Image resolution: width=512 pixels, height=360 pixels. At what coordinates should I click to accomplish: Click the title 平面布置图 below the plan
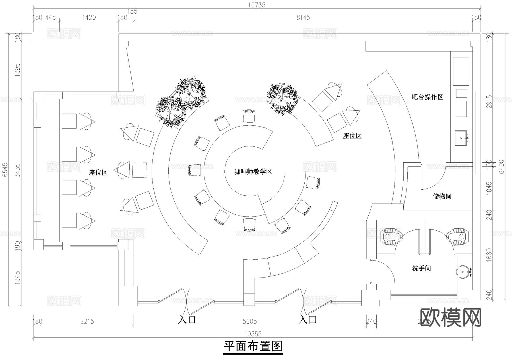point(253,346)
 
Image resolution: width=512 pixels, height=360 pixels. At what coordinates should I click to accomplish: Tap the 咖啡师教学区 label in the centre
point(253,171)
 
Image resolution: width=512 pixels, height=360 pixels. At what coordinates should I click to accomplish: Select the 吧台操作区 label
point(428,97)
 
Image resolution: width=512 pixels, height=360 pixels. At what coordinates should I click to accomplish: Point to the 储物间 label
point(442,196)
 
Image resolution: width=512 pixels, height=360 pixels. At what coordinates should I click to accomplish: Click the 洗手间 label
point(421,268)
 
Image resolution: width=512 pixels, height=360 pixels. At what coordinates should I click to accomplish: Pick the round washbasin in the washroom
point(463,272)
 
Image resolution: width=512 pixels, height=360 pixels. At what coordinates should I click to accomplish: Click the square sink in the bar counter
point(461,138)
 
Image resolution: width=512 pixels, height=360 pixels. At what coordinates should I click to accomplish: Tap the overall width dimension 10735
point(257,5)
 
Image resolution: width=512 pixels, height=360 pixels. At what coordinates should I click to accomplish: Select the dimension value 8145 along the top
point(303,17)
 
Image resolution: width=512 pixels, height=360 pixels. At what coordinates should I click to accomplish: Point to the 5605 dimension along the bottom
point(249,321)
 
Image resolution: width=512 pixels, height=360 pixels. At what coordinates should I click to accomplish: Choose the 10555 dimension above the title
point(253,334)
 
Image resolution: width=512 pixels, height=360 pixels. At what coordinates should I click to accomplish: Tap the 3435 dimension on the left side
point(18,170)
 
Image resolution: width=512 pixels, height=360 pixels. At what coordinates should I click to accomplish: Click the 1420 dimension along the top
point(89,17)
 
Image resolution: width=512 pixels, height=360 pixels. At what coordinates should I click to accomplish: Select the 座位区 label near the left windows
point(98,172)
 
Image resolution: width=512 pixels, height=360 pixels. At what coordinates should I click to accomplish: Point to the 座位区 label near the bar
point(352,136)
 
